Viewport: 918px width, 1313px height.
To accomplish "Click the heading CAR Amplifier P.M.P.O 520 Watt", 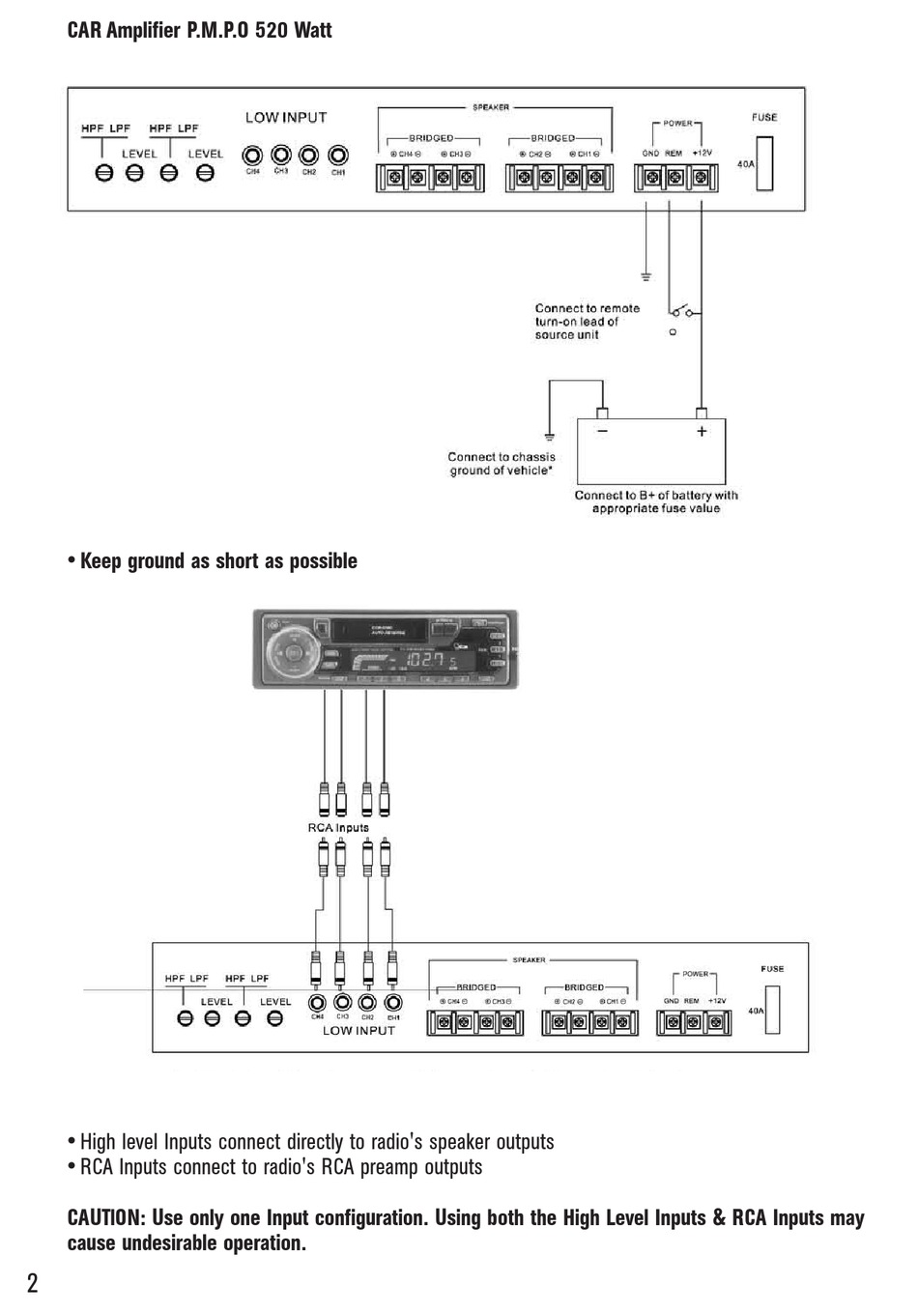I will tap(199, 31).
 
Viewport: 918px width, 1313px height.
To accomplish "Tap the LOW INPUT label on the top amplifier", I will tap(286, 118).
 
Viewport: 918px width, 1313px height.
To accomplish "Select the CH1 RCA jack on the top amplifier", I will tap(338, 156).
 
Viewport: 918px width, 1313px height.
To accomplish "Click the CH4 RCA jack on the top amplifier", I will tap(253, 156).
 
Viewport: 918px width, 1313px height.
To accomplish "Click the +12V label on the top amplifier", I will tap(703, 154).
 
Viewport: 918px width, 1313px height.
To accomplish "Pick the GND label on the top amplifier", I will tap(650, 154).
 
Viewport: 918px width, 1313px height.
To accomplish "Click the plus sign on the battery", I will tap(703, 432).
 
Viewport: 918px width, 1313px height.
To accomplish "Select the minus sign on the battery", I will tap(602, 432).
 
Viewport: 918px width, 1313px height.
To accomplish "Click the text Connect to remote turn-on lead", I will tap(587, 322).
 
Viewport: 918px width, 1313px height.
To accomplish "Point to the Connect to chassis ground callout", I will tap(502, 464).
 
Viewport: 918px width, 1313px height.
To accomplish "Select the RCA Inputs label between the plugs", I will tap(338, 828).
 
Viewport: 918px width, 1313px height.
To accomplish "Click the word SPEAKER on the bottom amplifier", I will tap(529, 960).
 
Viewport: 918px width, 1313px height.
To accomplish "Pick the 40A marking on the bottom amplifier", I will tap(755, 1012).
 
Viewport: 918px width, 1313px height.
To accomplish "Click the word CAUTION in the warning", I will tap(105, 1218).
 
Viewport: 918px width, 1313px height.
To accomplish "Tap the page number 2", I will tap(33, 1285).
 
